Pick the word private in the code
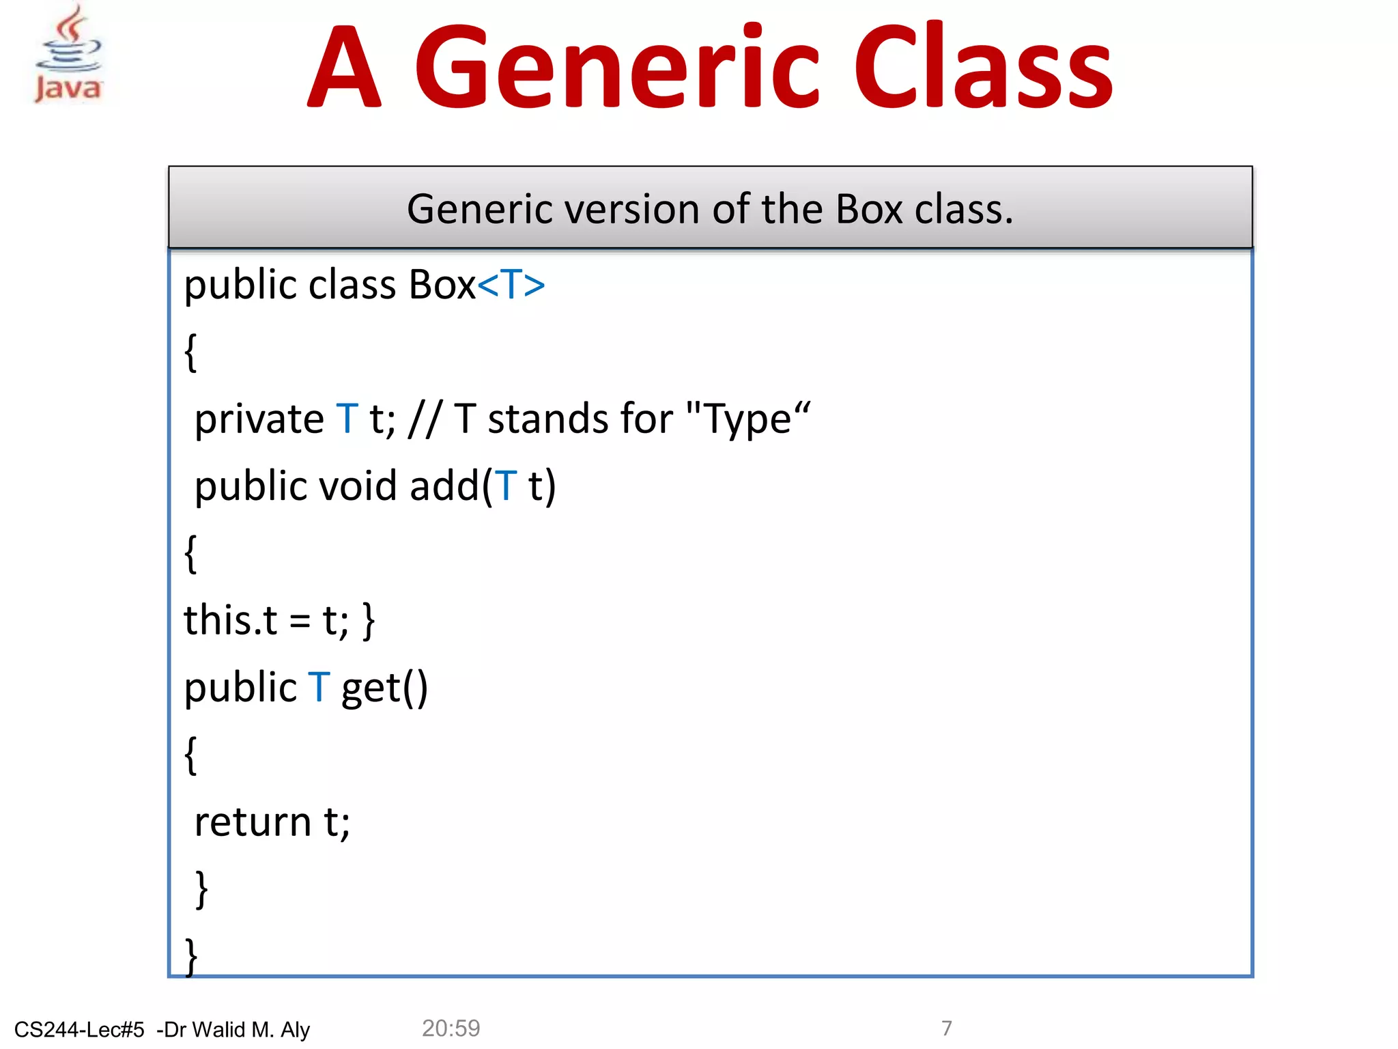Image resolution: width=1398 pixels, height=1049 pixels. click(x=259, y=419)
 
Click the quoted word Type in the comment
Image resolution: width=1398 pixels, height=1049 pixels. click(x=747, y=419)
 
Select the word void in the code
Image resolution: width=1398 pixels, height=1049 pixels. click(x=358, y=486)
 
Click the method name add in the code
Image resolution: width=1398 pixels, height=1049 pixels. click(x=445, y=486)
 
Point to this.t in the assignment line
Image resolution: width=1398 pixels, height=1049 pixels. click(x=230, y=620)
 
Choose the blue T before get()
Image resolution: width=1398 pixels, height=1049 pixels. click(x=319, y=687)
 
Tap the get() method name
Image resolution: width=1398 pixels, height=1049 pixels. click(x=384, y=688)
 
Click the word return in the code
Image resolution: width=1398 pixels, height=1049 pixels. click(x=253, y=822)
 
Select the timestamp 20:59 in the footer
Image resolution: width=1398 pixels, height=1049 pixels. click(x=451, y=1028)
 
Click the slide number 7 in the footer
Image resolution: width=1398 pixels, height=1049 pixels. click(x=946, y=1028)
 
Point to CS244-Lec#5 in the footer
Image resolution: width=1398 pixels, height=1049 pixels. click(x=79, y=1029)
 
